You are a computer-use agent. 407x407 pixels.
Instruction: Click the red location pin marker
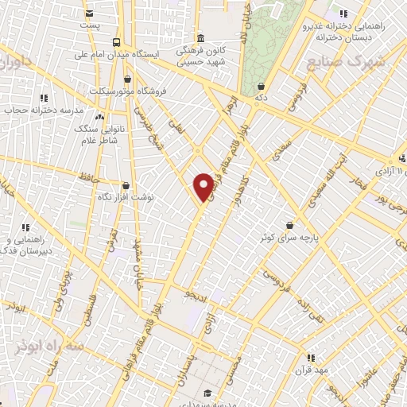(203, 185)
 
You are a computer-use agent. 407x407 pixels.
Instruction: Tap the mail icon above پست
(89, 14)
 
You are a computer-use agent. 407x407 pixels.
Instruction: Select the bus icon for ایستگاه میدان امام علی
(117, 42)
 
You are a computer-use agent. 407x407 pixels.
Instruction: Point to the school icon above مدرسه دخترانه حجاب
(44, 98)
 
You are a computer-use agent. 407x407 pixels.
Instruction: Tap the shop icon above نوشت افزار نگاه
(126, 184)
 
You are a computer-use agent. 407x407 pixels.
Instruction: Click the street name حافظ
(88, 176)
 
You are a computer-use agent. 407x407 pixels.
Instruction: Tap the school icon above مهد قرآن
(311, 358)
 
